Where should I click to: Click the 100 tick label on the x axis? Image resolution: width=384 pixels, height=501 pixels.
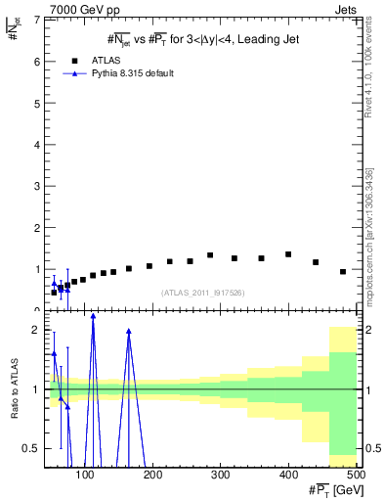click(86, 476)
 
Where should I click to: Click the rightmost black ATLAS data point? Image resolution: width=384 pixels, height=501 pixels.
click(343, 271)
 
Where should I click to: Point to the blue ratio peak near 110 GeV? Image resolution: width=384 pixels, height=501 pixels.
click(93, 316)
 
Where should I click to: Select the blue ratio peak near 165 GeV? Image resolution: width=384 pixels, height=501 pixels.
click(129, 331)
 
